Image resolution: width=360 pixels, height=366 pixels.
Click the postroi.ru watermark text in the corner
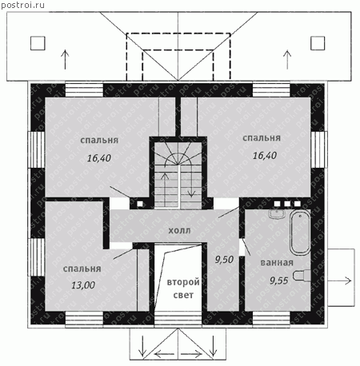22,5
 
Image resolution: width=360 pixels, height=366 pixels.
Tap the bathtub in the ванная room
300,233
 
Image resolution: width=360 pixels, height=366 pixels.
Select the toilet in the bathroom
302,276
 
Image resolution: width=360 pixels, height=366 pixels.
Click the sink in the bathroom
277,213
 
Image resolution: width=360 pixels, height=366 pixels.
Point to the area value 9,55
279,280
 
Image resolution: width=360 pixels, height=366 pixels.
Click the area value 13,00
83,285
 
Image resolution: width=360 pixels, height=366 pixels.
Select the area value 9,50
224,260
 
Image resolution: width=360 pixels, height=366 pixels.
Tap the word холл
179,230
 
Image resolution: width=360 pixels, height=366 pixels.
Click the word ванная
277,263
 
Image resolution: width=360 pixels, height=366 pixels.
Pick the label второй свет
183,288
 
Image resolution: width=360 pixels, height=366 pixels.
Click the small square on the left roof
38,43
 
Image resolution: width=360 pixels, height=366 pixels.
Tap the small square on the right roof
318,43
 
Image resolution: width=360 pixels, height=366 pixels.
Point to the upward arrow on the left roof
65,60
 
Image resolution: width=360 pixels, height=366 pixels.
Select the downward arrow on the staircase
191,181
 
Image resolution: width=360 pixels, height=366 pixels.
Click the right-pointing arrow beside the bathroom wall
339,280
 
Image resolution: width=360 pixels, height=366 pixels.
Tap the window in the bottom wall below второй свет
178,319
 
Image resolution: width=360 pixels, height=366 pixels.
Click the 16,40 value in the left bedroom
99,158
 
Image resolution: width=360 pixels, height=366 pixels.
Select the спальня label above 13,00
82,269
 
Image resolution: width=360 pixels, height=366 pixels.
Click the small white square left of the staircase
140,204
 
